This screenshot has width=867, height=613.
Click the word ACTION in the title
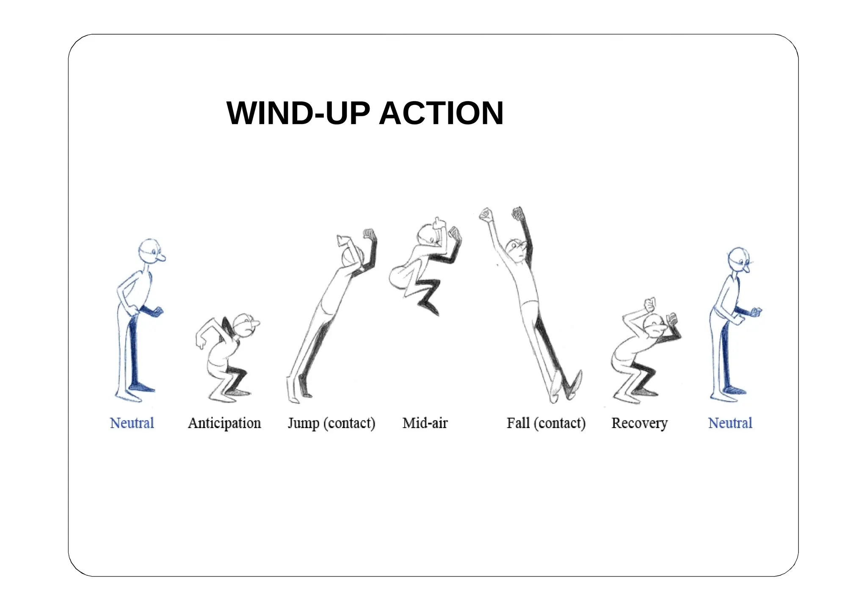[x=441, y=113]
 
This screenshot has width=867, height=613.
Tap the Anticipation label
[x=224, y=423]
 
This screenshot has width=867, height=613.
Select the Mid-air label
[x=425, y=423]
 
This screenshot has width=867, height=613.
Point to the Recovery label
[x=639, y=423]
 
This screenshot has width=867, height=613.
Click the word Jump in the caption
[x=303, y=423]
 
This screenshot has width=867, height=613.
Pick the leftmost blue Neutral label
[x=132, y=423]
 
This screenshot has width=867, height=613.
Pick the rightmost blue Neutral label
[x=730, y=423]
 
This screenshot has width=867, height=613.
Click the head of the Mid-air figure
[x=427, y=235]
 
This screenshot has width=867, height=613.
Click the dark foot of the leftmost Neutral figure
[x=142, y=387]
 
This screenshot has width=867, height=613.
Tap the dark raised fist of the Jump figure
[x=370, y=234]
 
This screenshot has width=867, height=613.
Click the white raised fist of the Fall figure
[x=486, y=215]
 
